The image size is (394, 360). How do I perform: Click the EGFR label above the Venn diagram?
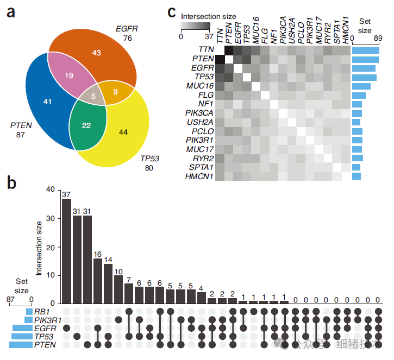click(127, 28)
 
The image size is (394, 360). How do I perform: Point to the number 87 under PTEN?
click(21, 135)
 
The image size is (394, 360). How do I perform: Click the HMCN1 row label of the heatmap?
click(199, 176)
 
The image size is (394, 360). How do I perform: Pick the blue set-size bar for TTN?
click(365, 50)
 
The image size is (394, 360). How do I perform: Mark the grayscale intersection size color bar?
click(195, 25)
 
